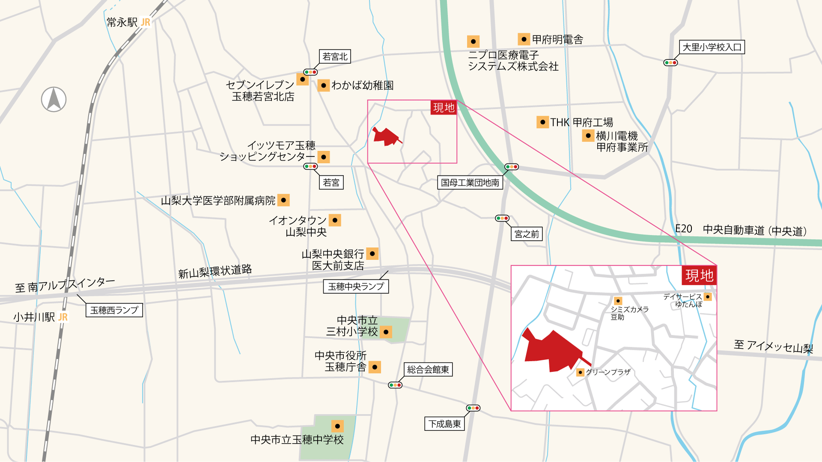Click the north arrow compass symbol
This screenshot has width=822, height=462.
(54, 99)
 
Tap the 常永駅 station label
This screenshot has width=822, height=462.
(122, 22)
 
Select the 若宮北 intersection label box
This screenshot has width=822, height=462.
(335, 56)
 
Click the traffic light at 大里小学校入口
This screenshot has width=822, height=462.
(670, 63)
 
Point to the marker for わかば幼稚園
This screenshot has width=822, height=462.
(324, 86)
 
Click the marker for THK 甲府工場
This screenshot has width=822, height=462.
(542, 122)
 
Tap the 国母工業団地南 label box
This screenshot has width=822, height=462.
(470, 183)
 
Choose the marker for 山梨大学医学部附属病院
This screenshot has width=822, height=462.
(283, 200)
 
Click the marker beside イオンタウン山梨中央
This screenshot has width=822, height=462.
(335, 220)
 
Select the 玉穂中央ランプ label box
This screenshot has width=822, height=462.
(356, 287)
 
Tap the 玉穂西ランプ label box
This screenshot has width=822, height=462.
(114, 310)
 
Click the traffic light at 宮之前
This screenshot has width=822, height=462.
(502, 218)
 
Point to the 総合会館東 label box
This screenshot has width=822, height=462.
(428, 370)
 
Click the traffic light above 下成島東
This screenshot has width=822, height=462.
(473, 408)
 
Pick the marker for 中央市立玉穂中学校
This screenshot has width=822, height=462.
(337, 426)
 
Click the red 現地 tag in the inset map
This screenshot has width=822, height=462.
(699, 275)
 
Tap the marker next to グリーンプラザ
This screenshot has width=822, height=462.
(580, 372)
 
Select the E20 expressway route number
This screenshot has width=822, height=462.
(684, 229)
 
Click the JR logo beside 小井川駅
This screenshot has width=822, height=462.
(63, 317)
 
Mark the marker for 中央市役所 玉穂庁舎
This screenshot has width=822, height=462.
(375, 367)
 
